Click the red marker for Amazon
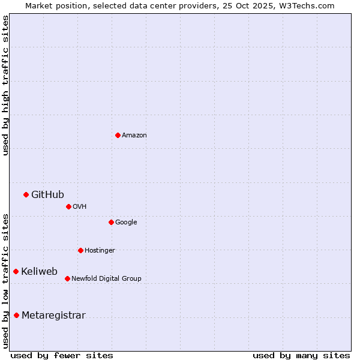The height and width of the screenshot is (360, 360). coord(118,135)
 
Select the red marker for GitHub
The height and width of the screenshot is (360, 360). coord(26,194)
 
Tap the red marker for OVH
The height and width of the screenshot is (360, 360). coord(68,206)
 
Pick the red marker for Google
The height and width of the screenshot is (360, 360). coord(111,222)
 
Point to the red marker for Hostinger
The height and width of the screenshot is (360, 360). coord(80,250)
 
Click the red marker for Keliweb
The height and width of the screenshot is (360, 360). coord(16,271)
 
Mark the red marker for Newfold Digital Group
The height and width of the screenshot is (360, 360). coord(67,278)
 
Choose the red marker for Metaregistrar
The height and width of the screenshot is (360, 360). coord(16,315)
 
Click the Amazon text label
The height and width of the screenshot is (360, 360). coord(134,135)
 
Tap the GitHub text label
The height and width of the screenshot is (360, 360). coord(47,194)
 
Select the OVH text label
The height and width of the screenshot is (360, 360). coord(80,206)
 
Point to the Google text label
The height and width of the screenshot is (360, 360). coord(126,222)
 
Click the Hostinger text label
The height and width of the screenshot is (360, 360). coord(100,250)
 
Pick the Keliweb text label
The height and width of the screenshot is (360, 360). coord(39,271)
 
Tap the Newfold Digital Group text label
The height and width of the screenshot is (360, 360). coord(106,278)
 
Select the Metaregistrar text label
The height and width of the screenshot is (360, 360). coord(53,315)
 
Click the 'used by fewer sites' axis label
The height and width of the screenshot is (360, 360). coord(62,355)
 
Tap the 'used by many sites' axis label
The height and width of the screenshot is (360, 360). coord(301,355)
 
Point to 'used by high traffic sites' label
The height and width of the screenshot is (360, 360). coord(5,85)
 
